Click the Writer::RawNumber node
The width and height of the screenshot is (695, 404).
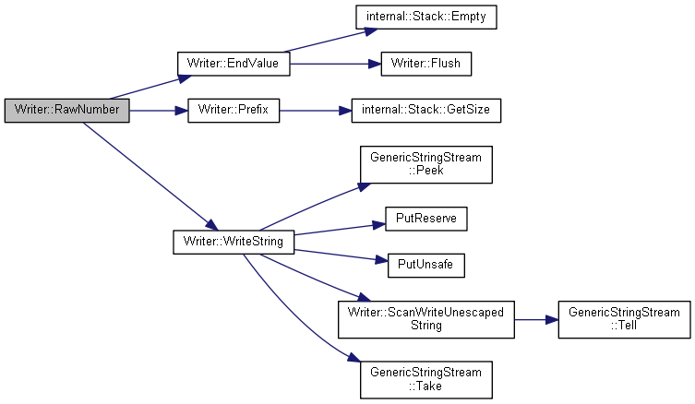(x=66, y=111)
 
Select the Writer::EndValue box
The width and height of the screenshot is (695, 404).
(x=234, y=64)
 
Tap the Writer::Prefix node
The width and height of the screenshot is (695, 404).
(x=234, y=111)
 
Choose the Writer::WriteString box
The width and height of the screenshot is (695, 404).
(x=234, y=242)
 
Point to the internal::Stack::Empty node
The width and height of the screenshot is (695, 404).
(x=425, y=18)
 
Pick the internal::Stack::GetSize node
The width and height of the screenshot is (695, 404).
(x=425, y=111)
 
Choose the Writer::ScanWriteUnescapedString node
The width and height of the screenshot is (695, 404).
(x=425, y=319)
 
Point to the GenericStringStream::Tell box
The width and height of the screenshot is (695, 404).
(x=625, y=319)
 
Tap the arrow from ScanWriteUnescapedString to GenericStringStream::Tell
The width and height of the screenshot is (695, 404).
(x=536, y=319)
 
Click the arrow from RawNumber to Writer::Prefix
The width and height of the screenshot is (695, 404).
(x=158, y=111)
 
